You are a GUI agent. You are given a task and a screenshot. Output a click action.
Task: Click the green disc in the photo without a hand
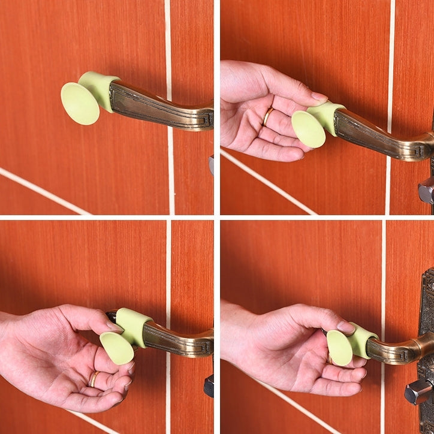(80, 104)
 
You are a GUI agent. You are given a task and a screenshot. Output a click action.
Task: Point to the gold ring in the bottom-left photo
(95, 378)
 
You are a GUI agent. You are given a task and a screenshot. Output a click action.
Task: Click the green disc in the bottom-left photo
(116, 348)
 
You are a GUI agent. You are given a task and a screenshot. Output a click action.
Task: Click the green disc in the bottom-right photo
(339, 348)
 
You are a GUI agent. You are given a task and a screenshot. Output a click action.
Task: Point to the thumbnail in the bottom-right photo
(346, 327)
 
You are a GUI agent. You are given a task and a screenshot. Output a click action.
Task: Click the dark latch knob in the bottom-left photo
(209, 385)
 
